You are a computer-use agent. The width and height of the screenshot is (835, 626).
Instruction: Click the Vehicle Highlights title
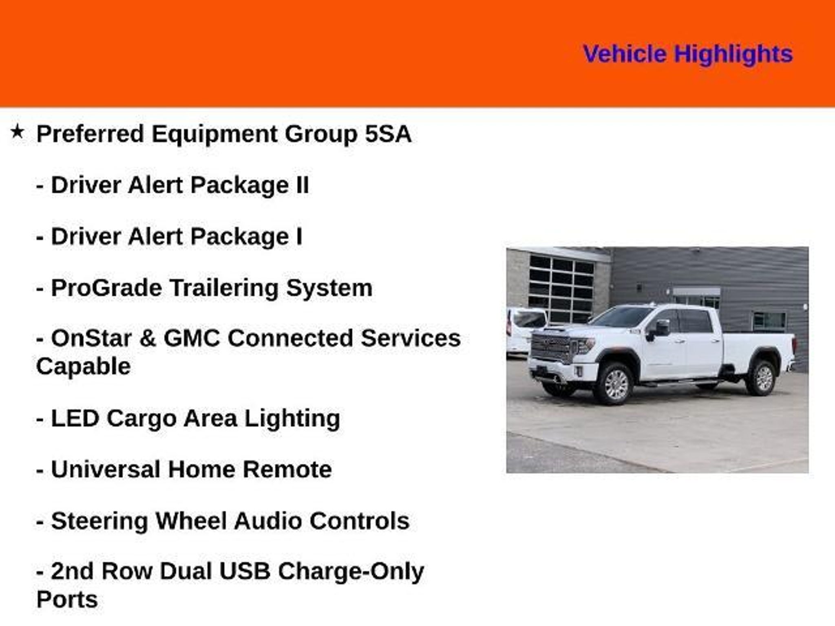[688, 54]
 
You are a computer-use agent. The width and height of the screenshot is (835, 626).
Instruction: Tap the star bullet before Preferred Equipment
[18, 132]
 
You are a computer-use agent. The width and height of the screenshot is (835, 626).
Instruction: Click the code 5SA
[388, 134]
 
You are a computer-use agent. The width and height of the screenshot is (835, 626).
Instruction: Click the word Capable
[84, 366]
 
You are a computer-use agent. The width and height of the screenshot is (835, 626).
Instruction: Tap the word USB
[245, 571]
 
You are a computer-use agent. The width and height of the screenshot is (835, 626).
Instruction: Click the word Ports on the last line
[67, 600]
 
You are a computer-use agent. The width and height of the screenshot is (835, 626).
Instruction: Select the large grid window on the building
[561, 288]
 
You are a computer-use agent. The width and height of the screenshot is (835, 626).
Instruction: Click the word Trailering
[224, 288]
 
